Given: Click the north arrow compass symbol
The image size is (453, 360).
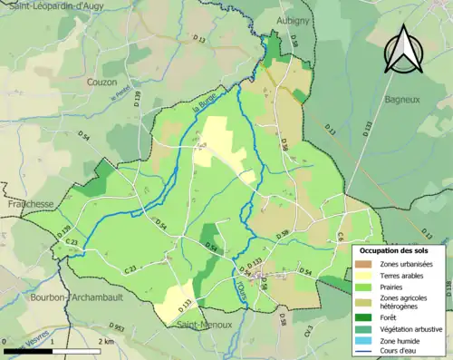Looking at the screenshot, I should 403,49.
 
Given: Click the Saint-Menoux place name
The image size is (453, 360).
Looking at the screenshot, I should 206,324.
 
